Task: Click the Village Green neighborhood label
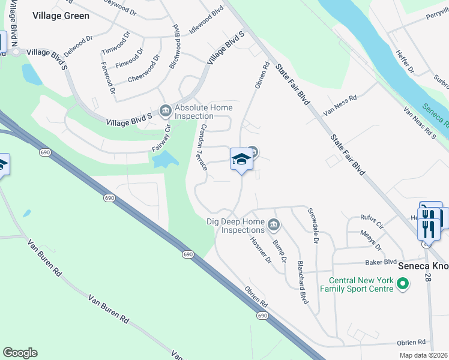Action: pyautogui.click(x=61, y=16)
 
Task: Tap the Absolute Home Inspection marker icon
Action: pyautogui.click(x=165, y=110)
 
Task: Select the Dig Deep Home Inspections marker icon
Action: pyautogui.click(x=273, y=225)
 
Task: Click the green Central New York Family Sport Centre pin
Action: pyautogui.click(x=403, y=283)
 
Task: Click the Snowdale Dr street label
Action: pyautogui.click(x=312, y=226)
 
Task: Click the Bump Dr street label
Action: pyautogui.click(x=279, y=251)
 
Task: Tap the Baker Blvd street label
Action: pyautogui.click(x=381, y=262)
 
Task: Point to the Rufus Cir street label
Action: pyautogui.click(x=372, y=221)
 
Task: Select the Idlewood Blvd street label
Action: pyautogui.click(x=206, y=20)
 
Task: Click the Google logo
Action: pyautogui.click(x=20, y=353)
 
